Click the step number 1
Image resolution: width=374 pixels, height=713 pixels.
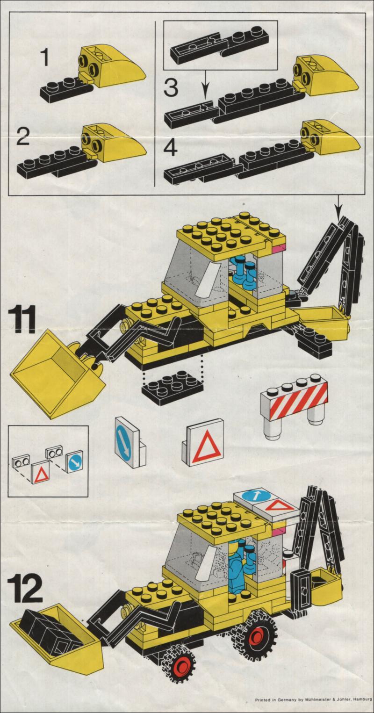pyautogui.click(x=45, y=58)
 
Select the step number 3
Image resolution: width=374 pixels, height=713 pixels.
pyautogui.click(x=171, y=87)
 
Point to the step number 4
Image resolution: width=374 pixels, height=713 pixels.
pyautogui.click(x=171, y=148)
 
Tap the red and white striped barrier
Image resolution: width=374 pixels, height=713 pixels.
pyautogui.click(x=294, y=406)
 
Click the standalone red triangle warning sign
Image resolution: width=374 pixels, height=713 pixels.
pyautogui.click(x=203, y=442)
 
